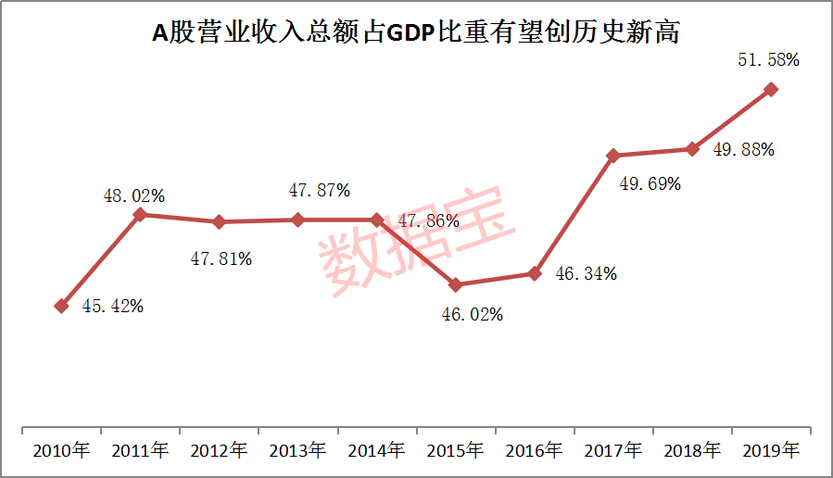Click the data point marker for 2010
point(61,306)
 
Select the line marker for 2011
point(140,214)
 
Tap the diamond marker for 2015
point(456,284)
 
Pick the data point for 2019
point(771,89)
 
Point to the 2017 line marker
point(612,156)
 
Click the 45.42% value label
point(112,307)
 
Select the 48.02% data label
point(134,195)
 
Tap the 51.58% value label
point(768,59)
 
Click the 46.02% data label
point(472,315)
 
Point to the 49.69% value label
point(650,183)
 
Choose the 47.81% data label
point(221,259)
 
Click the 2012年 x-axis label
point(220,451)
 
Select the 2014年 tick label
point(377,451)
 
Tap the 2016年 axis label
point(535,451)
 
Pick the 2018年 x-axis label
point(692,451)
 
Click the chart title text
point(416,33)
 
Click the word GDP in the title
point(410,33)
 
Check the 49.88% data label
point(744,150)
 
